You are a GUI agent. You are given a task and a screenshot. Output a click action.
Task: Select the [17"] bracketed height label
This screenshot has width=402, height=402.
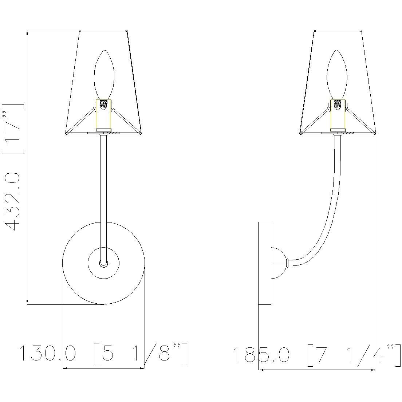(x=13, y=129)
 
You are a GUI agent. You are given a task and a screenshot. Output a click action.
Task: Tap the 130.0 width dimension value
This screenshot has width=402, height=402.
(x=47, y=354)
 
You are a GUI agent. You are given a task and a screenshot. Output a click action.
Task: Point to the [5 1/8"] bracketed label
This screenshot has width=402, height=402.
(x=141, y=354)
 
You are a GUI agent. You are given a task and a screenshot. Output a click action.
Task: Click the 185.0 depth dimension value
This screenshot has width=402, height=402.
(x=261, y=354)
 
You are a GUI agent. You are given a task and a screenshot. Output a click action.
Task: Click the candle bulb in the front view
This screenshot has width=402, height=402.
(x=104, y=75)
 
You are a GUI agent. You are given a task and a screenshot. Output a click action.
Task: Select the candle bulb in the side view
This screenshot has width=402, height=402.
(x=337, y=75)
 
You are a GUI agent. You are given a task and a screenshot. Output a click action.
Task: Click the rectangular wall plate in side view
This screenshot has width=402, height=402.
(x=265, y=263)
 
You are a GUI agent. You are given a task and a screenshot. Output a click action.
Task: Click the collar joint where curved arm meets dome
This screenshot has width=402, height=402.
(x=288, y=262)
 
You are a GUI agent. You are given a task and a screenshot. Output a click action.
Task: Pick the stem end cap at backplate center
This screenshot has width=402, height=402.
(x=104, y=263)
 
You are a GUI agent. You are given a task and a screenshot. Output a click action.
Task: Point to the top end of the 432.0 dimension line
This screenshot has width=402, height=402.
(x=27, y=32)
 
